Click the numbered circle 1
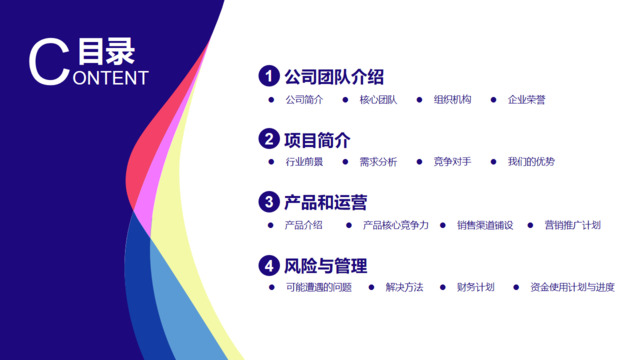click(268, 77)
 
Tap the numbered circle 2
click(268, 139)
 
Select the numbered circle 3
click(268, 202)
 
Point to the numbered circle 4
click(268, 265)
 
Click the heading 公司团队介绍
click(334, 77)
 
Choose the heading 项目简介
click(317, 139)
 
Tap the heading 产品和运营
click(326, 202)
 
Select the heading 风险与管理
click(326, 265)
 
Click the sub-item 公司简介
click(304, 100)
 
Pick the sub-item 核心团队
click(378, 100)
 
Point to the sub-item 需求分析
click(378, 162)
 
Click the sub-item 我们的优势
click(531, 162)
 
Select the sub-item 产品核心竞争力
click(395, 225)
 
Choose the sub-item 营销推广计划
click(573, 225)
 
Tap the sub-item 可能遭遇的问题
click(318, 288)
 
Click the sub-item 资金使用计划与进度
click(573, 288)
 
